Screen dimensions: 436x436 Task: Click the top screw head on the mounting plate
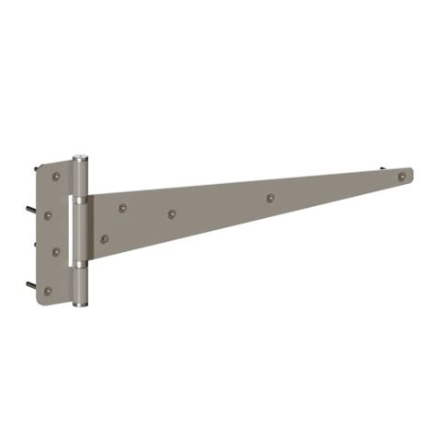[x=56, y=175]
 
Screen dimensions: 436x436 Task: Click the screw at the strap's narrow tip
[x=401, y=174]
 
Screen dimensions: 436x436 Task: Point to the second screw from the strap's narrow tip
[x=270, y=197]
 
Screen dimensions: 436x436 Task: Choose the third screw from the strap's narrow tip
[x=172, y=214]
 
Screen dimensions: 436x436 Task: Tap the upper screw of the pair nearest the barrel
[x=119, y=209]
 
